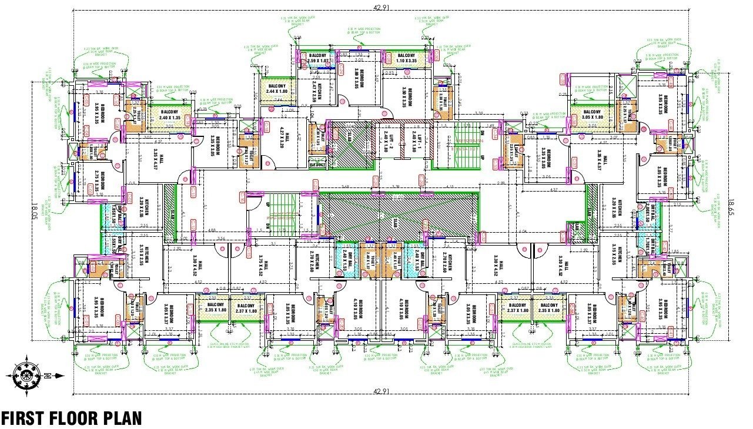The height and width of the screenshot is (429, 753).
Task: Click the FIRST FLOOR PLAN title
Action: [71, 418]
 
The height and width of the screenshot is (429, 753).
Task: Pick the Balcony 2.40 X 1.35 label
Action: [169, 115]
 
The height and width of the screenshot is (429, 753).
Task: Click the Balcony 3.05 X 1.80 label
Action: [591, 115]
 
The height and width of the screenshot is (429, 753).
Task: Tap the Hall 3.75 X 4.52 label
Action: [262, 269]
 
